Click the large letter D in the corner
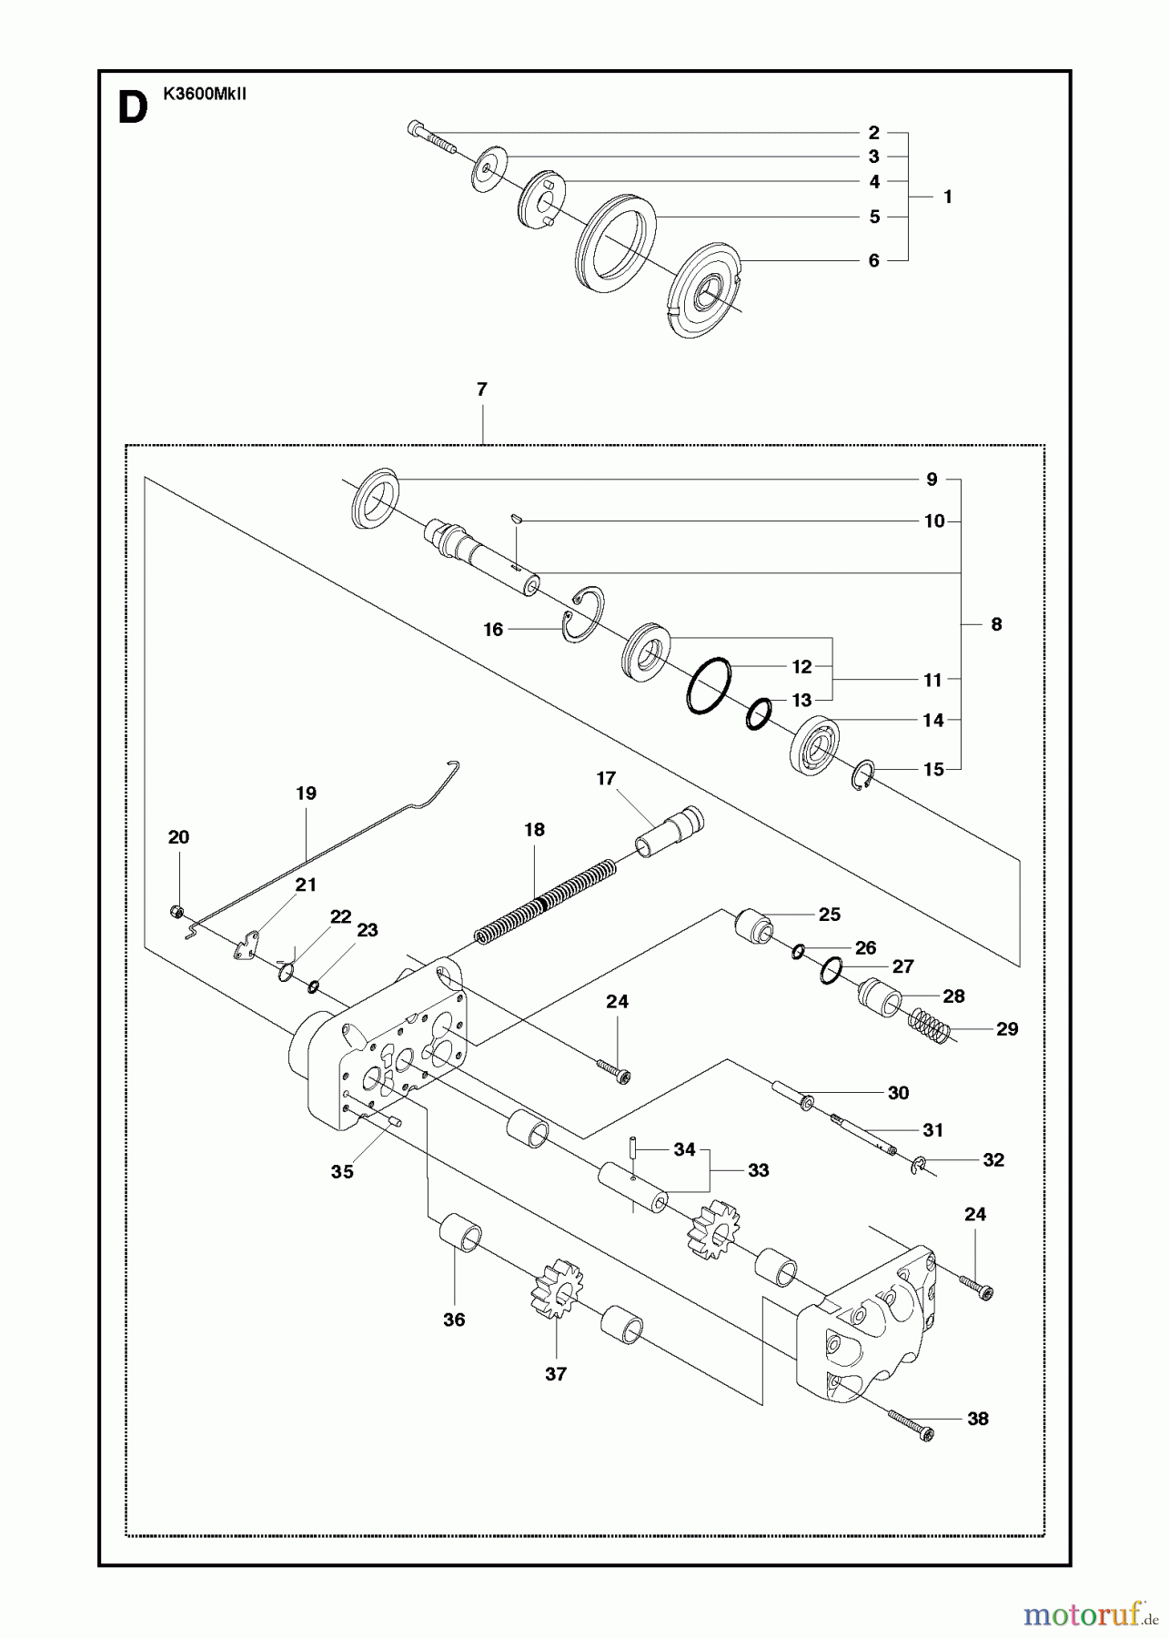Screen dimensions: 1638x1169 click(x=132, y=108)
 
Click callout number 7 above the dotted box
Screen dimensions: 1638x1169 click(x=481, y=389)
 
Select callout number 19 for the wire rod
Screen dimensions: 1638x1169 click(x=306, y=794)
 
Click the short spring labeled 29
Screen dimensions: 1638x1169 click(x=930, y=1026)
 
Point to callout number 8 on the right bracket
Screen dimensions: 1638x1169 click(x=996, y=624)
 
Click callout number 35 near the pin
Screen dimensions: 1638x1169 click(x=341, y=1172)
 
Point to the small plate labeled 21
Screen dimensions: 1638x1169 click(x=244, y=945)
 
